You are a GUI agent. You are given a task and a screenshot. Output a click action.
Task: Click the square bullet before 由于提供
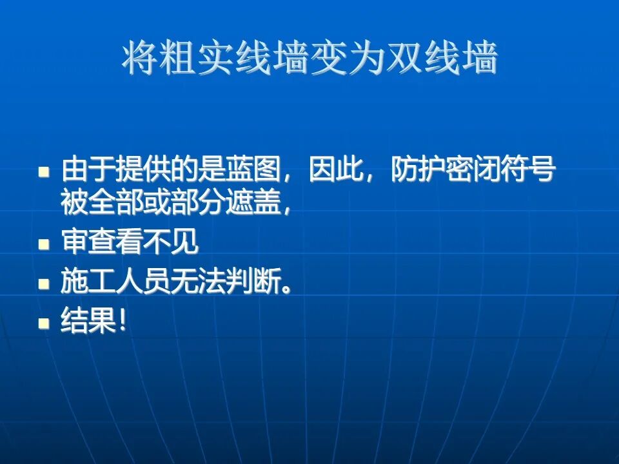tap(44, 172)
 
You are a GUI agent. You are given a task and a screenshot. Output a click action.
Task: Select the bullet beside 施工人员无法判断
tap(44, 283)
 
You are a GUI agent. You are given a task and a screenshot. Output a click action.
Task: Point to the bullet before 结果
tap(44, 321)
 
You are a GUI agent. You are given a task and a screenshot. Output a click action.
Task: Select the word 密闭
tap(472, 171)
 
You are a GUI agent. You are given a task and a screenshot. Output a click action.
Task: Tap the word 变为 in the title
tap(348, 60)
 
